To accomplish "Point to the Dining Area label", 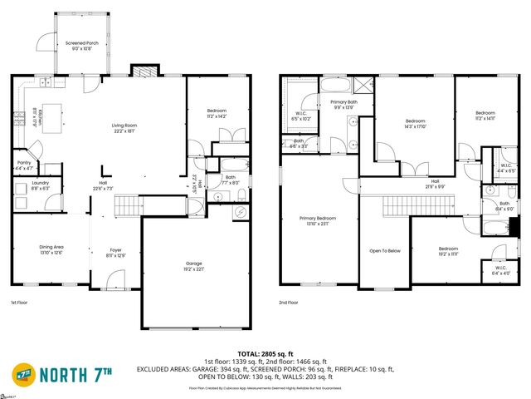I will pyautogui.click(x=51, y=249).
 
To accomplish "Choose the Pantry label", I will pyautogui.click(x=25, y=166).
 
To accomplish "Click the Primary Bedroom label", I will pyautogui.click(x=318, y=221).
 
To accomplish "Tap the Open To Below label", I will pyautogui.click(x=384, y=249).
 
